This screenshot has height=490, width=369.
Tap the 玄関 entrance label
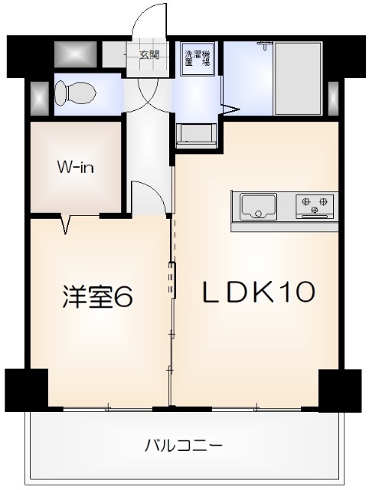(149, 54)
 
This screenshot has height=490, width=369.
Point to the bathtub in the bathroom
(297, 78)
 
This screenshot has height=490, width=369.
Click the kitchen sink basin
(258, 205)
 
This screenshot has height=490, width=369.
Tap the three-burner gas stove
(315, 205)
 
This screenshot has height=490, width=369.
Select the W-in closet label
(75, 166)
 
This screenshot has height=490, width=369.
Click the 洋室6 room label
(98, 297)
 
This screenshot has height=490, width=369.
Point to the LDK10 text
(258, 292)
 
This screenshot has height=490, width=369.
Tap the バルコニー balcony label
(183, 445)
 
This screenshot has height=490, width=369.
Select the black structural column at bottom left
(26, 389)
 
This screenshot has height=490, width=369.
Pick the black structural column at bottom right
(338, 389)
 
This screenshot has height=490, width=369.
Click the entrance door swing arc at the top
(149, 19)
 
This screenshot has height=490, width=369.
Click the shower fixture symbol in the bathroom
(266, 43)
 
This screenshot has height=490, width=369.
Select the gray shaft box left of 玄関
(76, 54)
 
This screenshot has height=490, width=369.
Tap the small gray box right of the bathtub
(332, 95)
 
